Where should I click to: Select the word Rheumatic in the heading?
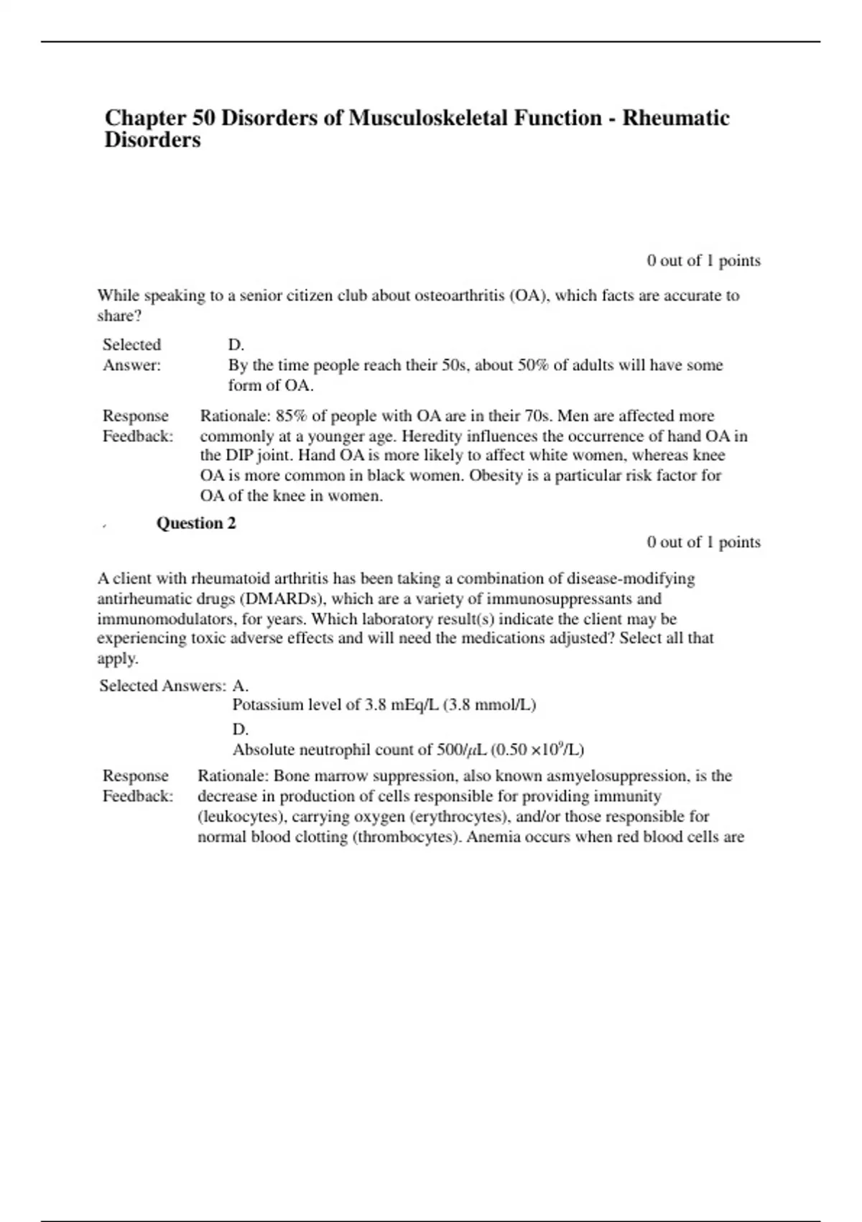coord(676,118)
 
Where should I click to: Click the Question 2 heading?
coord(196,523)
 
